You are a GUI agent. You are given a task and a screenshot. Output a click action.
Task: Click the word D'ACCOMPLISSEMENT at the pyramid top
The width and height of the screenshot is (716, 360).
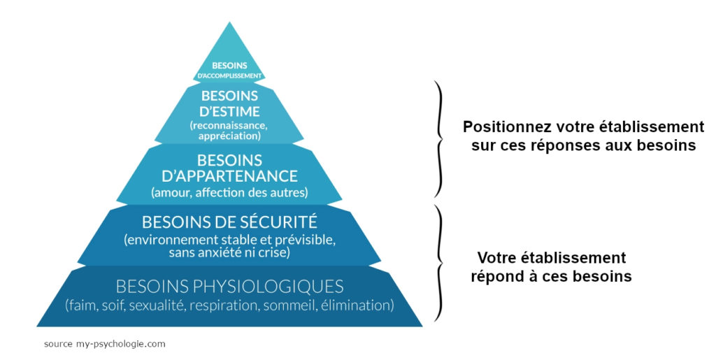click(229, 75)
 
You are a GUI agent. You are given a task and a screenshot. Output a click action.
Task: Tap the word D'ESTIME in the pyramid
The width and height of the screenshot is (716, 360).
click(229, 111)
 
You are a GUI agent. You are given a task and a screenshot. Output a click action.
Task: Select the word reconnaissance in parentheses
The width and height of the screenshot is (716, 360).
click(229, 125)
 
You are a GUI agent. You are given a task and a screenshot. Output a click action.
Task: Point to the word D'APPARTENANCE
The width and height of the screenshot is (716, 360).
click(229, 175)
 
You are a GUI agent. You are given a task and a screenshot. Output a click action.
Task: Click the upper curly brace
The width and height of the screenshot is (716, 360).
click(439, 138)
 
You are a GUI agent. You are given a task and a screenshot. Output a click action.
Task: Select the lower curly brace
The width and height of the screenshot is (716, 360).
click(439, 263)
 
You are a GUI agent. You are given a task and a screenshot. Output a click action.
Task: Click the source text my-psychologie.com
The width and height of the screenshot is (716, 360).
click(119, 344)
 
